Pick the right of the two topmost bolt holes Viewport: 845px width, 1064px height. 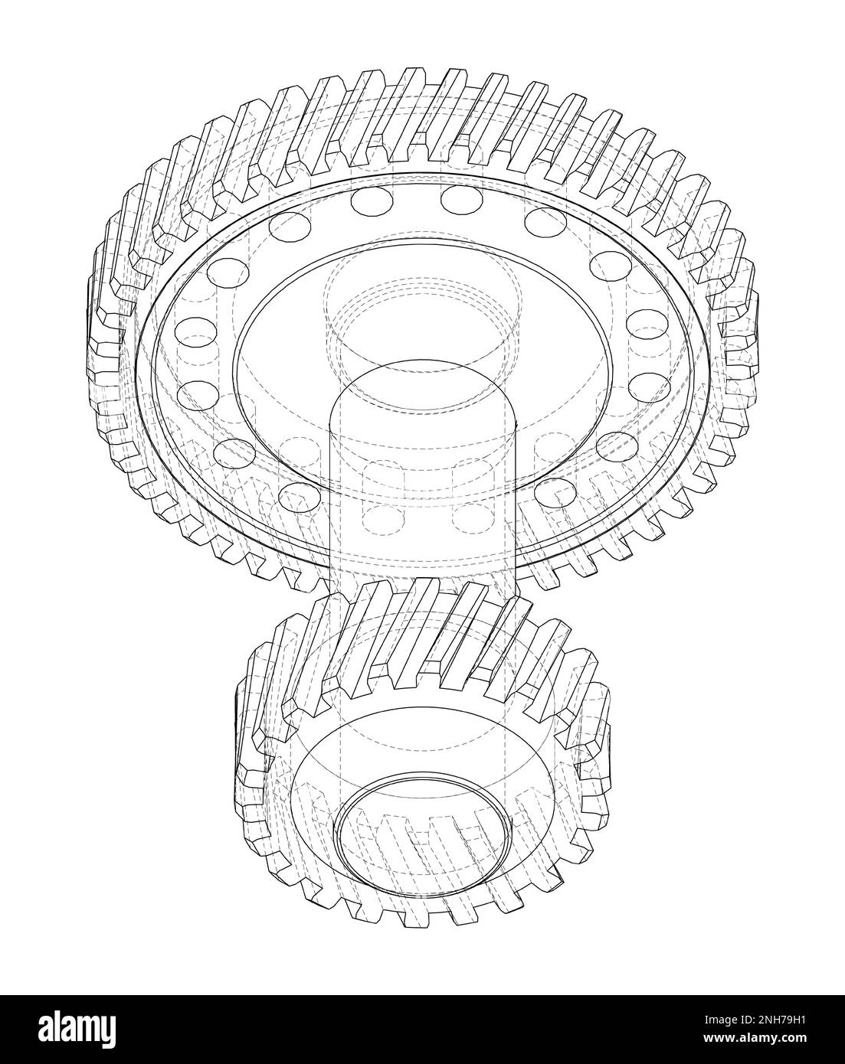coord(461,200)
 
